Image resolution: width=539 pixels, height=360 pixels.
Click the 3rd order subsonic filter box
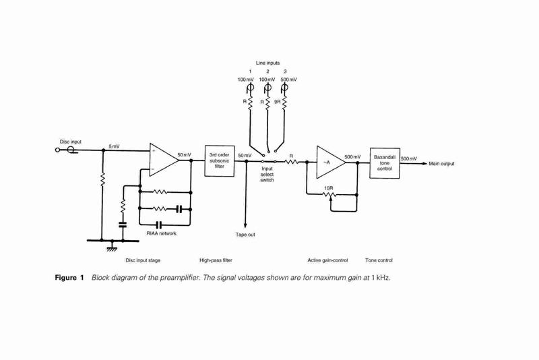(220, 160)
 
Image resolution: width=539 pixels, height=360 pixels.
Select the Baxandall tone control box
(385, 163)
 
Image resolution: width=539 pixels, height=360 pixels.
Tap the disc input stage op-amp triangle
(164, 160)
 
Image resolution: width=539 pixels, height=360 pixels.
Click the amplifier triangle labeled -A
(331, 162)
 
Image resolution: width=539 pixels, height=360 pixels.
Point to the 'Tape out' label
(245, 235)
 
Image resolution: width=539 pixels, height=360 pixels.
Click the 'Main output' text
(441, 164)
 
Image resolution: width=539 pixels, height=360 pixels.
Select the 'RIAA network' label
(161, 233)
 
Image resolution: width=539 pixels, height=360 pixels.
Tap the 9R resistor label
(278, 102)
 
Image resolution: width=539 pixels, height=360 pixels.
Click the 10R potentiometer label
(329, 188)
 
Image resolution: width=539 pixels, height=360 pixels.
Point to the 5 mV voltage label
(114, 146)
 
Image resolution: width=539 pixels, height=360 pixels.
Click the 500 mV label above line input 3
(289, 80)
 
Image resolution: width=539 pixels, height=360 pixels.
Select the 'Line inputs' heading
(267, 63)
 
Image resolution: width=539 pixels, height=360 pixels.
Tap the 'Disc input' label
(71, 142)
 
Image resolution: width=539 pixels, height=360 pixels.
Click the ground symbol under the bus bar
(112, 247)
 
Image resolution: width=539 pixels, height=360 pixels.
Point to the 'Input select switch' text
(267, 175)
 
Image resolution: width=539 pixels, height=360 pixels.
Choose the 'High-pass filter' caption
(216, 260)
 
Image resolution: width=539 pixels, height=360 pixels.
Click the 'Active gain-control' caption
(327, 260)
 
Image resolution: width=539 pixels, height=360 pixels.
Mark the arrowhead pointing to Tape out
(245, 225)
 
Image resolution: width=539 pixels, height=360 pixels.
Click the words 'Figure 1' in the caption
(69, 278)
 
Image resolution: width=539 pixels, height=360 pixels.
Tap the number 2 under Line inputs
(267, 71)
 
